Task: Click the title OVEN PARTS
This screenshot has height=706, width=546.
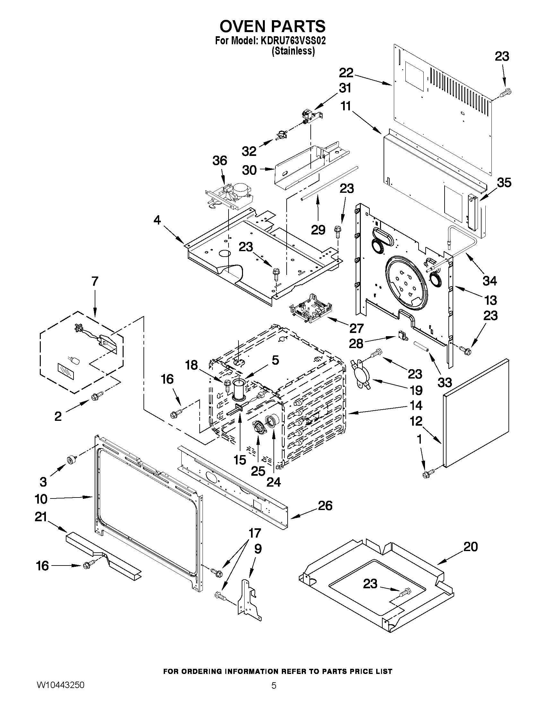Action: coord(273,26)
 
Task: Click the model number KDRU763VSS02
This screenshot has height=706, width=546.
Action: coord(291,41)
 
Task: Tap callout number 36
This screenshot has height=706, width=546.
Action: coord(220,161)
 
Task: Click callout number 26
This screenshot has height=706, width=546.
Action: coord(325,506)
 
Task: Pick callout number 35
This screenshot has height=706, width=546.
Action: coord(504,183)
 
